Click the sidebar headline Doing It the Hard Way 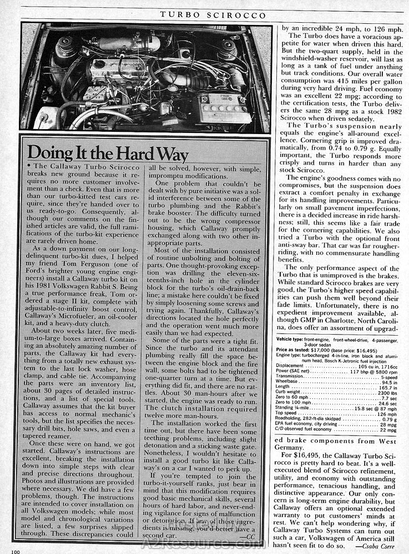coord(108,153)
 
